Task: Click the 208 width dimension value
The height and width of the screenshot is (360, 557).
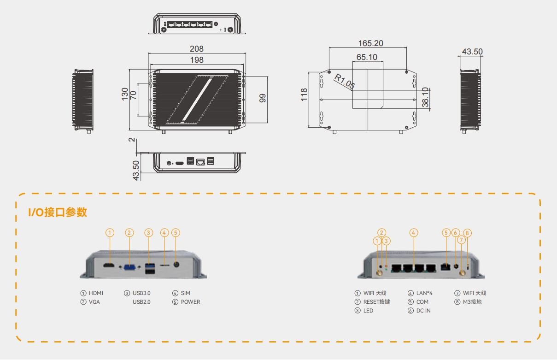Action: click(197, 49)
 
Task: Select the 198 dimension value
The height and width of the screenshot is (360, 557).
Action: click(197, 60)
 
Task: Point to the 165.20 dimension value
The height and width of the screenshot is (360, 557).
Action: click(371, 43)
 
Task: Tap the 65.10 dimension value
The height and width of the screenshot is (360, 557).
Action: click(367, 57)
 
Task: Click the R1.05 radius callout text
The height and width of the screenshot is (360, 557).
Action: click(345, 82)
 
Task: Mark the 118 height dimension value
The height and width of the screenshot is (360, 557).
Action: click(305, 95)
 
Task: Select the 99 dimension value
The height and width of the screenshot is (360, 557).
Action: click(263, 98)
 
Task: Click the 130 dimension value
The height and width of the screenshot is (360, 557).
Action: click(125, 94)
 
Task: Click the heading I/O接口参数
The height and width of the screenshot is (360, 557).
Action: click(58, 212)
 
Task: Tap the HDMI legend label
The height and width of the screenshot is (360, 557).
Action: click(96, 293)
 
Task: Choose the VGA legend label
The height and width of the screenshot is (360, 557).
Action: click(94, 302)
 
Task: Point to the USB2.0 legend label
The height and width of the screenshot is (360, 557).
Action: click(141, 302)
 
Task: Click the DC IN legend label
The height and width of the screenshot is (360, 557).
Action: click(423, 311)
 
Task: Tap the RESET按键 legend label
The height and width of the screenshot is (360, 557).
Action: click(376, 302)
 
